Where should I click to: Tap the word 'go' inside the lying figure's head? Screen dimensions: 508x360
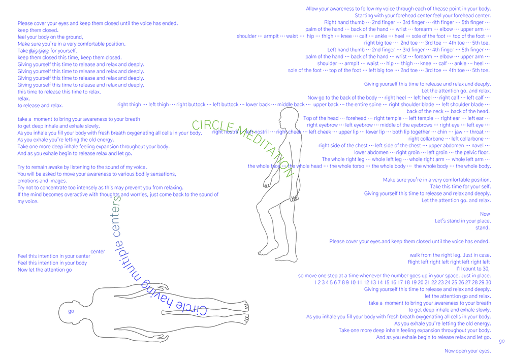coord(70,311)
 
